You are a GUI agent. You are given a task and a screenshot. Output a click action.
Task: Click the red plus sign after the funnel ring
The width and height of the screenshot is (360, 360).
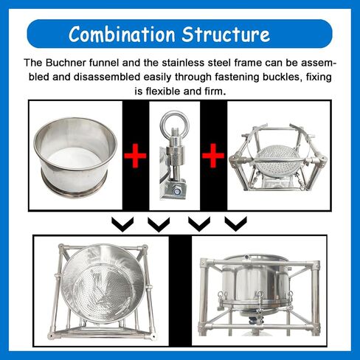point(134,156)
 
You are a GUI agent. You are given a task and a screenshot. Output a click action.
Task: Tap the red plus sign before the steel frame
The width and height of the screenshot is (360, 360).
point(213,156)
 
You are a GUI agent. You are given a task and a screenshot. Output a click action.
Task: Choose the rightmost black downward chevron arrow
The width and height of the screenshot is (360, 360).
point(234,222)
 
